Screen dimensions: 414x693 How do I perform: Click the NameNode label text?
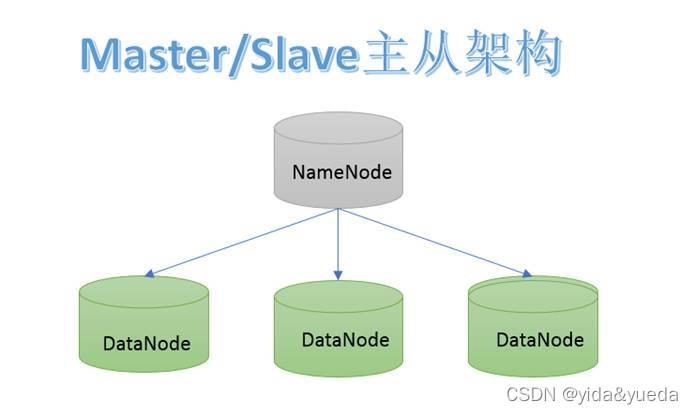[x=341, y=172]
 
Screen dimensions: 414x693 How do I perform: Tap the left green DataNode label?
[x=146, y=344]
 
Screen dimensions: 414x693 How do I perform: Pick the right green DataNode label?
[x=539, y=339]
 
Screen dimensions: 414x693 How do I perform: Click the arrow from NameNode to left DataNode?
[x=245, y=241]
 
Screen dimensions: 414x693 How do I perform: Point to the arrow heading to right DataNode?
[x=435, y=241]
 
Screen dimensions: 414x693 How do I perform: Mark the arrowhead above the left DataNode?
[x=150, y=274]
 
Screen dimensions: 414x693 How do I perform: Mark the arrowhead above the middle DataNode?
[x=338, y=273]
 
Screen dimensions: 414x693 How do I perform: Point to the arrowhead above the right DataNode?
[x=526, y=272]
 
